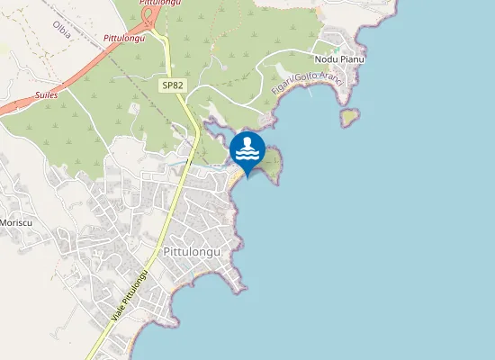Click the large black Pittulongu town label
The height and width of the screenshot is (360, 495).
192,252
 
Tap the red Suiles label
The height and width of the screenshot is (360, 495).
47,93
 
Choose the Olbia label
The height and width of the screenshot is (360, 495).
62,28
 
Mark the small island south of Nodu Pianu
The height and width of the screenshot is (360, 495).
349,117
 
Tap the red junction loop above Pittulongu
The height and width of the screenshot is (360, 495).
147,15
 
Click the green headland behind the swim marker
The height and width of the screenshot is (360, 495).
271,163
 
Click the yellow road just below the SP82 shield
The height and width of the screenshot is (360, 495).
181,101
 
